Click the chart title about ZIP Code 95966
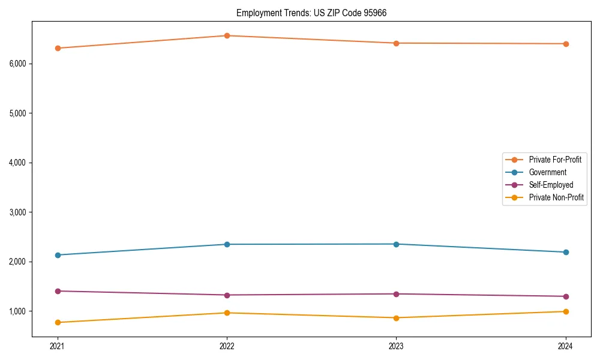point(316,13)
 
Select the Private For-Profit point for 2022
point(227,35)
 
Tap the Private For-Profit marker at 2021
point(58,48)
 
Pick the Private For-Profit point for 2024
point(566,44)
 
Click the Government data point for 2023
point(396,244)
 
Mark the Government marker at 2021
point(58,255)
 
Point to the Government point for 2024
point(566,252)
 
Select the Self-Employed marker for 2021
point(58,291)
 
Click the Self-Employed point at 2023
point(396,294)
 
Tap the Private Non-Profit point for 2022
point(227,313)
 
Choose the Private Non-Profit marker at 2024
point(566,311)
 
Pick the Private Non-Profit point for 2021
point(58,322)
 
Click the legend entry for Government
point(547,172)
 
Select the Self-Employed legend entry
point(551,185)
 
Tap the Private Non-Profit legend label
point(556,197)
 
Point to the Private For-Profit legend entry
point(555,160)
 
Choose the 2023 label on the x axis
point(396,346)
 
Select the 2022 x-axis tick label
point(227,346)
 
